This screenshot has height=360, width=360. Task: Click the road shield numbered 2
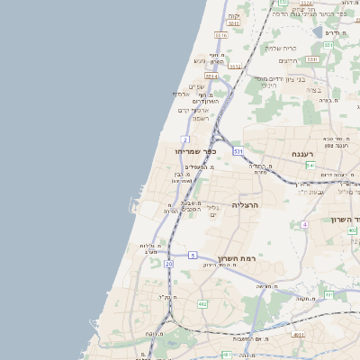click(185, 139)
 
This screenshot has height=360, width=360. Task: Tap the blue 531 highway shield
click(238, 152)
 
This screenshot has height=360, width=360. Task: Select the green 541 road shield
click(310, 165)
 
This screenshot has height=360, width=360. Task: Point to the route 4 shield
click(305, 223)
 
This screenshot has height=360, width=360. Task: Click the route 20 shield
click(168, 264)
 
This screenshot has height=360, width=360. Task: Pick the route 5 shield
click(193, 256)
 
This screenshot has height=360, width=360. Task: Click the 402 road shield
click(352, 230)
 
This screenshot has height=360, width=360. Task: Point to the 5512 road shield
click(234, 66)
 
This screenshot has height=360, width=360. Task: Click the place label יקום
click(234, 16)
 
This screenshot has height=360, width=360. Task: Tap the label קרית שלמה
click(281, 48)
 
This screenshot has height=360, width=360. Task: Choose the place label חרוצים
click(287, 60)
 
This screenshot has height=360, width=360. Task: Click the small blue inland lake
click(317, 32)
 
